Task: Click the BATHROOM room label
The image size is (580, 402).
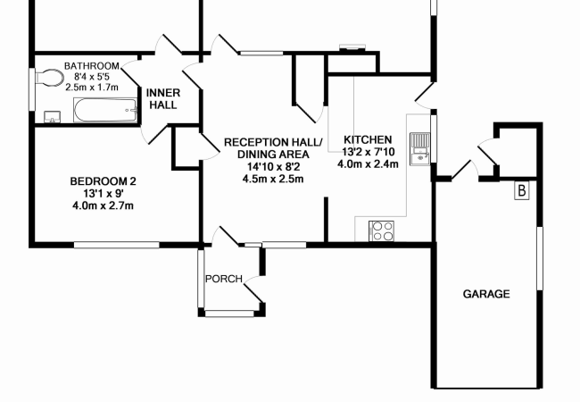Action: coord(92,66)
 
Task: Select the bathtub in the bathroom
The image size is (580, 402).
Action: coord(105,113)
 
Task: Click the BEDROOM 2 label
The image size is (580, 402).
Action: coord(103,181)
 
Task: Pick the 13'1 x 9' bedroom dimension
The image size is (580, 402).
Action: coord(103,194)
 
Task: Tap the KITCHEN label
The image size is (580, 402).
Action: coord(368,140)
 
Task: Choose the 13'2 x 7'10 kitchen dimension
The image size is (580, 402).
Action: coord(368,152)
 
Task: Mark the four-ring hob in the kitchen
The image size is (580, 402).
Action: coord(383,230)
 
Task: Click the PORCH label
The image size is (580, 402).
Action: coord(224,279)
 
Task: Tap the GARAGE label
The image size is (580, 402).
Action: coord(486,293)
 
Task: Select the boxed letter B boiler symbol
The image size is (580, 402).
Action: coord(522,190)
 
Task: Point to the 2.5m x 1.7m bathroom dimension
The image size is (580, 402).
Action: coord(92,88)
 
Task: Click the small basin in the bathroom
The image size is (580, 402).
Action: coord(50,116)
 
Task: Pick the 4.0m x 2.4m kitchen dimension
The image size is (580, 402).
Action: coord(368,164)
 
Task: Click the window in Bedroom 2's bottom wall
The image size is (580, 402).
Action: coord(116,244)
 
